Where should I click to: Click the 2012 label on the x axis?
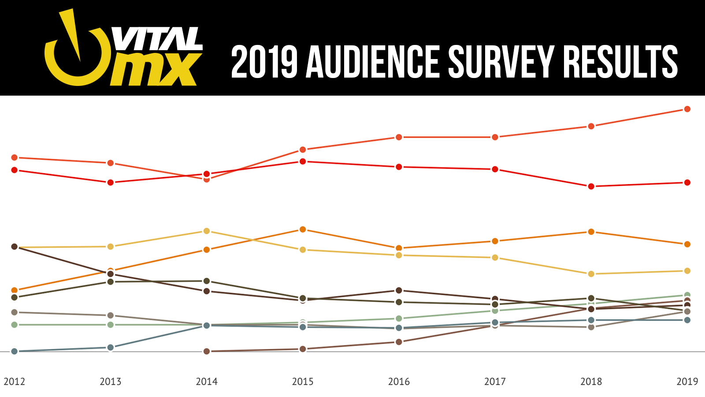click(15, 382)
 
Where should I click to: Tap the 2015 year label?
click(303, 382)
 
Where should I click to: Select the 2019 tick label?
click(687, 382)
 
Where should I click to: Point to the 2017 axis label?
click(495, 382)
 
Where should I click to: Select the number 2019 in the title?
click(264, 62)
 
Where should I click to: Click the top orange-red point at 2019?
click(687, 109)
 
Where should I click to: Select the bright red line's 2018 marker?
click(591, 186)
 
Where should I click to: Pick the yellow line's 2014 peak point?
click(207, 231)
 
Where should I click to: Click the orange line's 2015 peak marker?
click(303, 230)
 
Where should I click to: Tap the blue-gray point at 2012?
click(15, 351)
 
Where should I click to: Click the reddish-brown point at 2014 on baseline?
click(207, 351)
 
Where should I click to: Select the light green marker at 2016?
click(399, 318)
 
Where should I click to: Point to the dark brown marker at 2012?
click(15, 246)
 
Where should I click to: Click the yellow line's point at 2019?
click(687, 271)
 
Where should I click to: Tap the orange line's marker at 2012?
click(15, 290)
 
